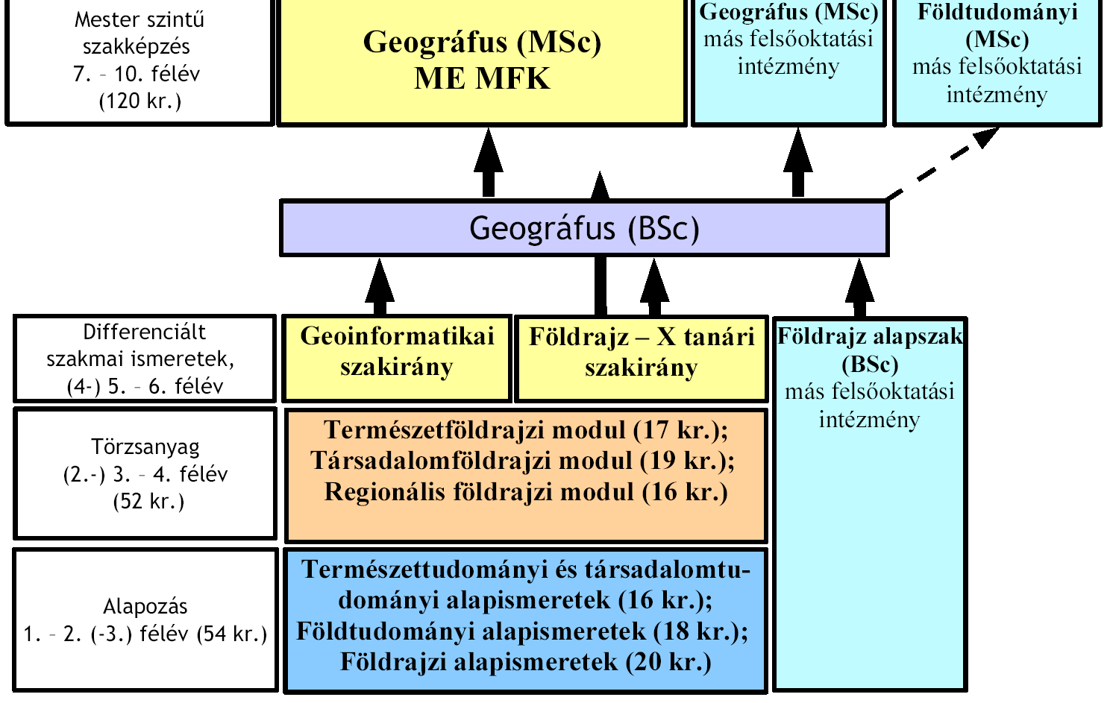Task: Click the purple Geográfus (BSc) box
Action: pos(584,227)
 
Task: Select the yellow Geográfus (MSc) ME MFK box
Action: pos(482,62)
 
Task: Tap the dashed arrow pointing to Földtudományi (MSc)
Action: pos(942,163)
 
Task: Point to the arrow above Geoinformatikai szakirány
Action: pos(380,286)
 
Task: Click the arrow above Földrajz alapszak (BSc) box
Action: pos(860,288)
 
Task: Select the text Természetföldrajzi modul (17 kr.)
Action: pos(526,429)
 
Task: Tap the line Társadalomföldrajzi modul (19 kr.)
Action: pos(522,461)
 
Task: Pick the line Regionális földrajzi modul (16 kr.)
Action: pos(526,491)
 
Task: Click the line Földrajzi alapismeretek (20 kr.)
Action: pos(526,662)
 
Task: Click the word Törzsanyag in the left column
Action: pos(145,447)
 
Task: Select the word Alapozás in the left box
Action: pos(145,607)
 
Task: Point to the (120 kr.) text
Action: pos(140,101)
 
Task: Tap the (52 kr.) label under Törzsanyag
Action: pos(148,502)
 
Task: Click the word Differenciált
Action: pos(144,332)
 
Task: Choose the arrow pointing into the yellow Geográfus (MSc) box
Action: pos(489,162)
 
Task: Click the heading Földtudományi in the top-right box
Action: pos(997,12)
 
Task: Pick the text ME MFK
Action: pos(482,78)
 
